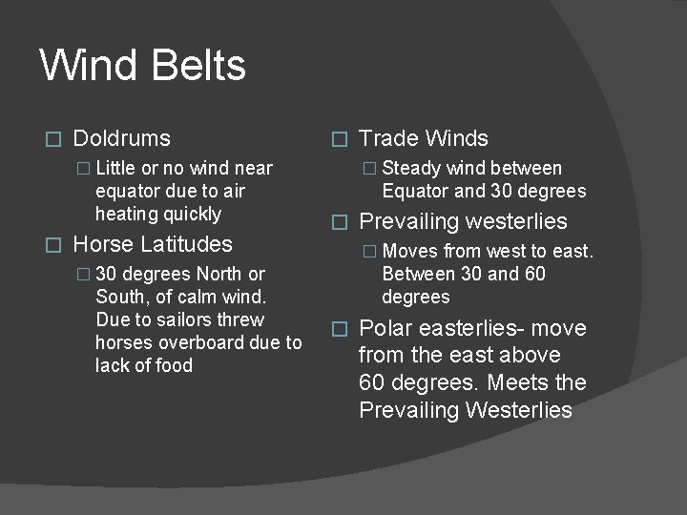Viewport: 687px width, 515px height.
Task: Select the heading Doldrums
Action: point(121,139)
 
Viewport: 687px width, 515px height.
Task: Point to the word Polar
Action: point(386,329)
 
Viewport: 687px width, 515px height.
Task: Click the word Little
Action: point(115,169)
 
